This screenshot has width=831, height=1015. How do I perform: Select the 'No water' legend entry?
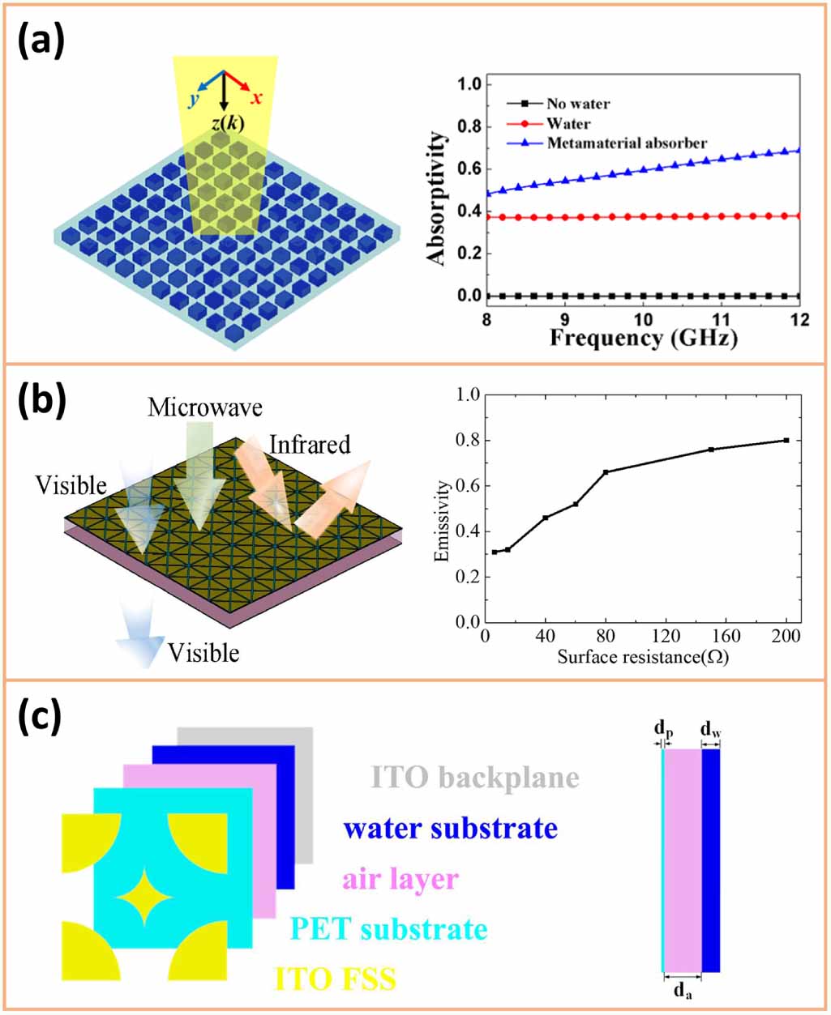point(577,104)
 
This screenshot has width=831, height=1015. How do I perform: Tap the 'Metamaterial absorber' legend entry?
point(626,143)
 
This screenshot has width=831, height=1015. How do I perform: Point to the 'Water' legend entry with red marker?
point(568,124)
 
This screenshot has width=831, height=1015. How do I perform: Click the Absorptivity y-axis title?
point(437,198)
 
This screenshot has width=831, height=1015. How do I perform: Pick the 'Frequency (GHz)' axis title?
point(644,337)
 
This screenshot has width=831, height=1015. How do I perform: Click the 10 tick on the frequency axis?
point(643,318)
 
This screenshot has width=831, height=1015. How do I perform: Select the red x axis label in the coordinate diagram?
point(255,98)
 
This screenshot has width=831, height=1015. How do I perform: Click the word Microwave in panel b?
point(205,407)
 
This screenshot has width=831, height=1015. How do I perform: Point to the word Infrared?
point(310,445)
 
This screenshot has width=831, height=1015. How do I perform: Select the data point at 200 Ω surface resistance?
point(786,440)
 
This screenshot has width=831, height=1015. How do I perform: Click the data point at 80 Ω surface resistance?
point(605,471)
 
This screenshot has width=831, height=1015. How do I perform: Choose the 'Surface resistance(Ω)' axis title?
point(643,656)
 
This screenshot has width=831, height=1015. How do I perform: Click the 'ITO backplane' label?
point(475,778)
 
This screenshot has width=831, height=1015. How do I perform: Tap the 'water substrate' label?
point(451,829)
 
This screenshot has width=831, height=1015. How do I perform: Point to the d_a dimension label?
point(683,991)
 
